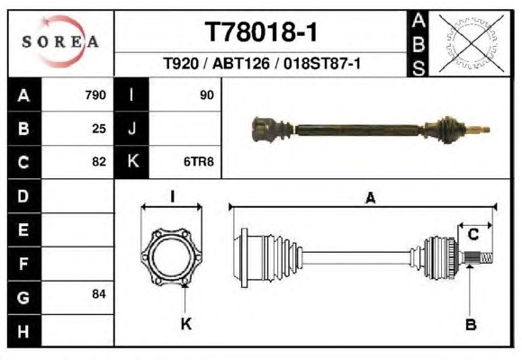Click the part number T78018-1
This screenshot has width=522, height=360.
click(261, 32)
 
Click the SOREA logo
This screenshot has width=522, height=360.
click(60, 41)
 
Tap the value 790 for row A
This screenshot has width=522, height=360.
click(95, 95)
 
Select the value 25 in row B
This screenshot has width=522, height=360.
click(99, 129)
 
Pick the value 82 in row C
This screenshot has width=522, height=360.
click(99, 162)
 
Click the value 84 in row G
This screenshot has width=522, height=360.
click(99, 294)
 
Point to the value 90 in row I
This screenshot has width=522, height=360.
click(206, 95)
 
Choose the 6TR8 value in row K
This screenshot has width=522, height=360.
click(199, 162)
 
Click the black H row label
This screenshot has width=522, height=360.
click(24, 331)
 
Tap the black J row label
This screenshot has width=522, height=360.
click(131, 129)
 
